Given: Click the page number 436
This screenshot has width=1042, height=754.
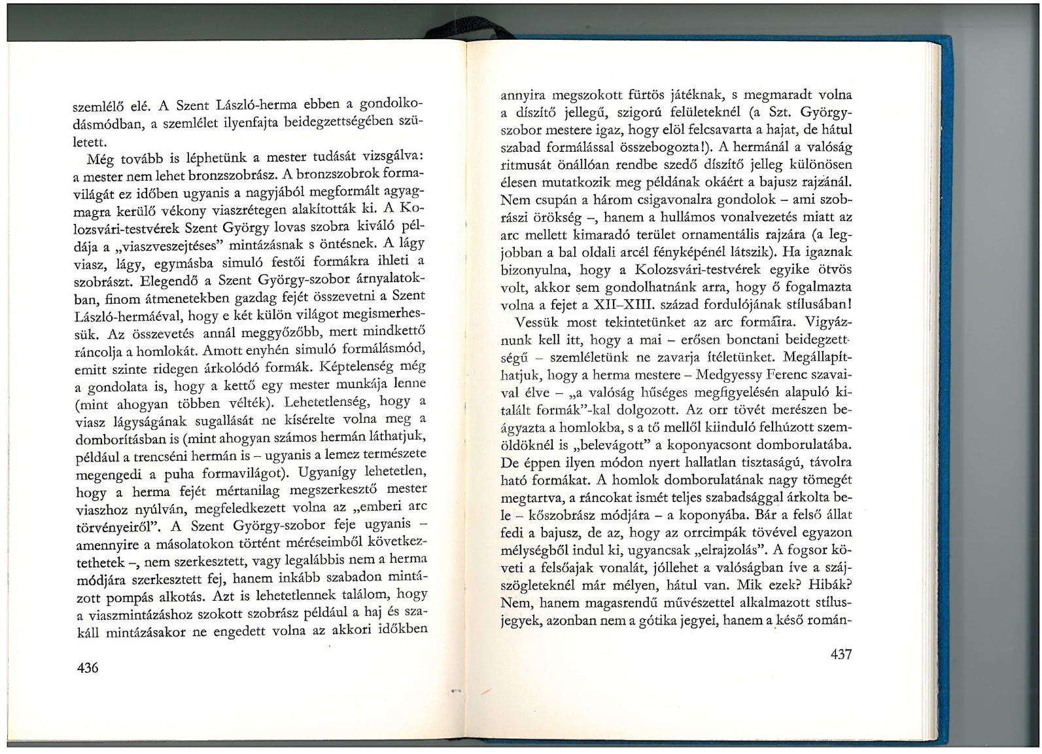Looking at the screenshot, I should tap(87, 668).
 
